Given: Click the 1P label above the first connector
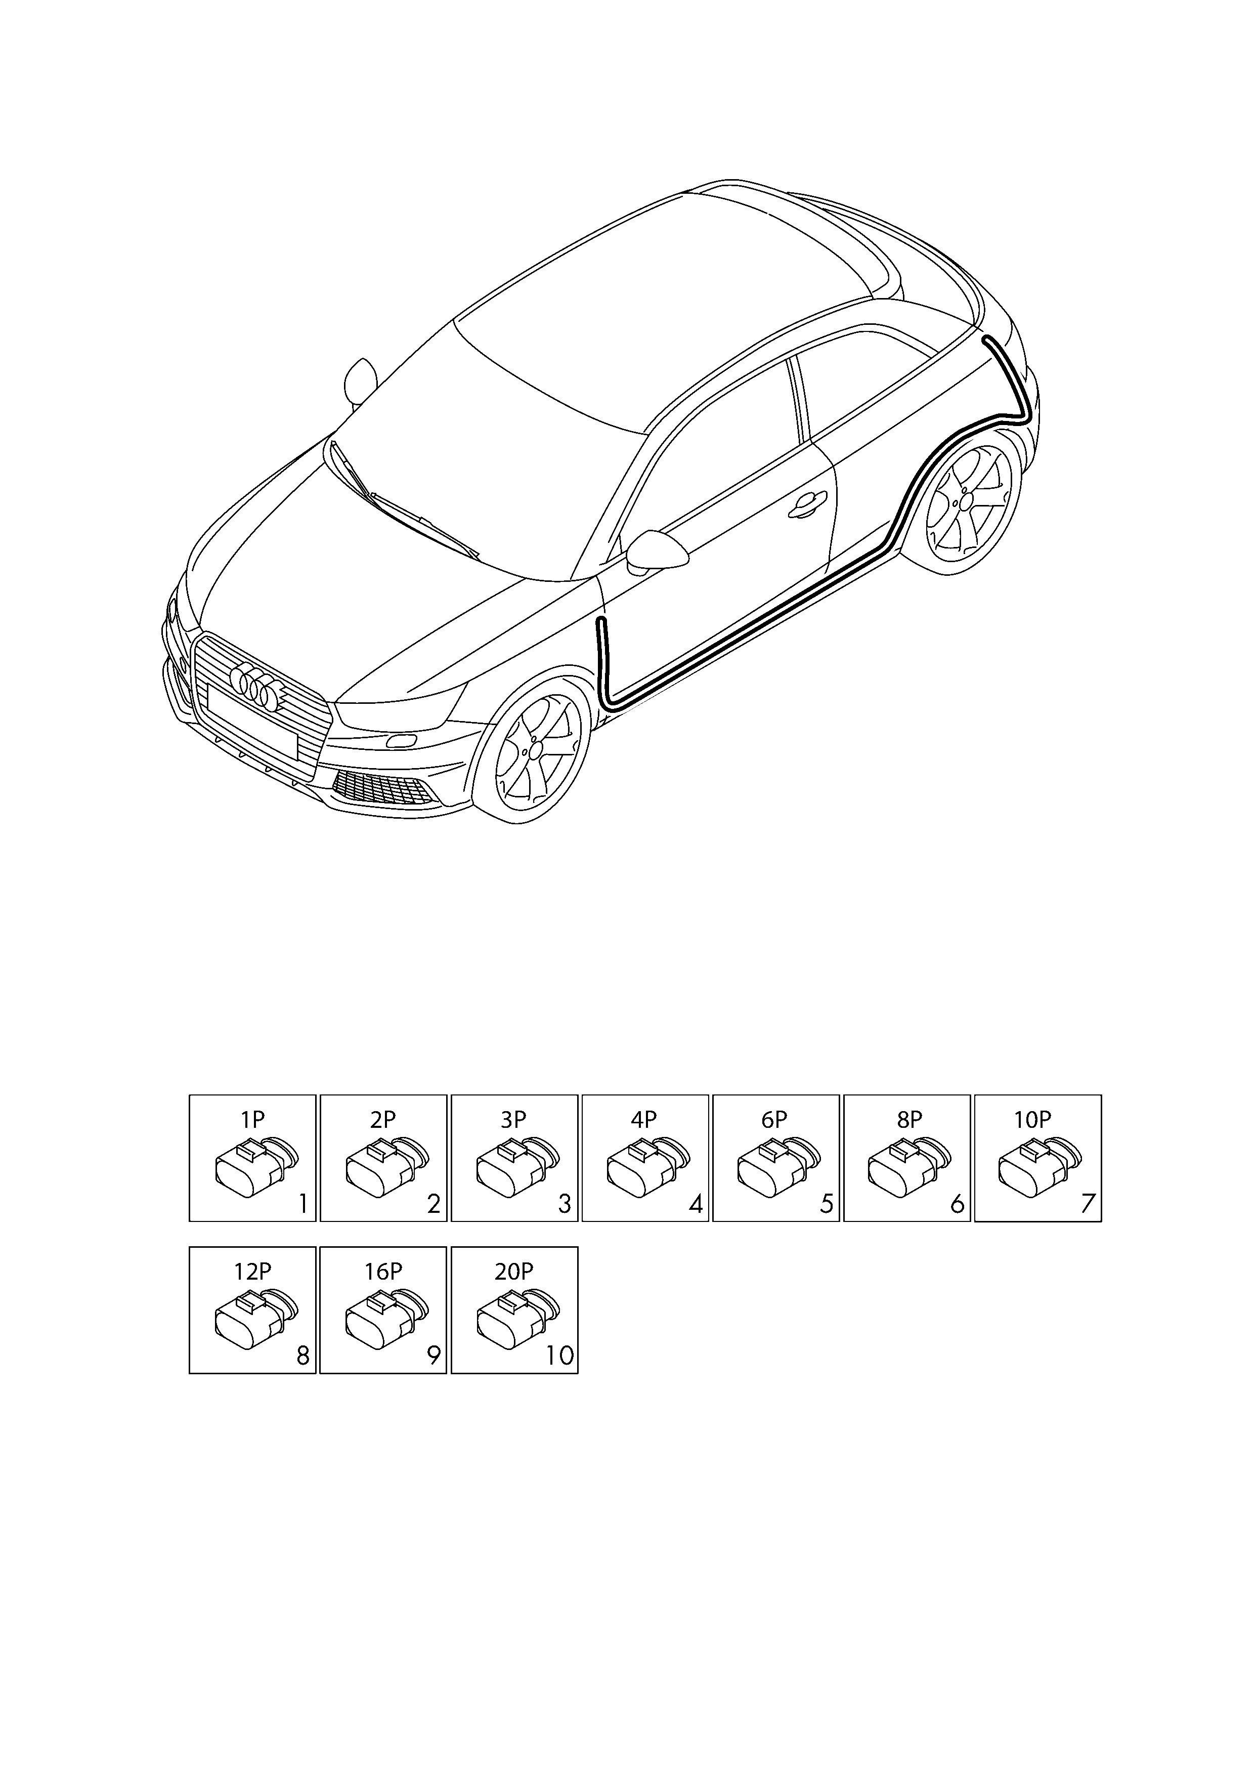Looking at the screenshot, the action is (253, 1119).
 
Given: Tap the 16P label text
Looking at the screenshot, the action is (383, 1272).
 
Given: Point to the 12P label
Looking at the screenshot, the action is (253, 1272).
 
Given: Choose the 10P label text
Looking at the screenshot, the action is (1032, 1119).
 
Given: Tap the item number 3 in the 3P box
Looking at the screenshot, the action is (566, 1204).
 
